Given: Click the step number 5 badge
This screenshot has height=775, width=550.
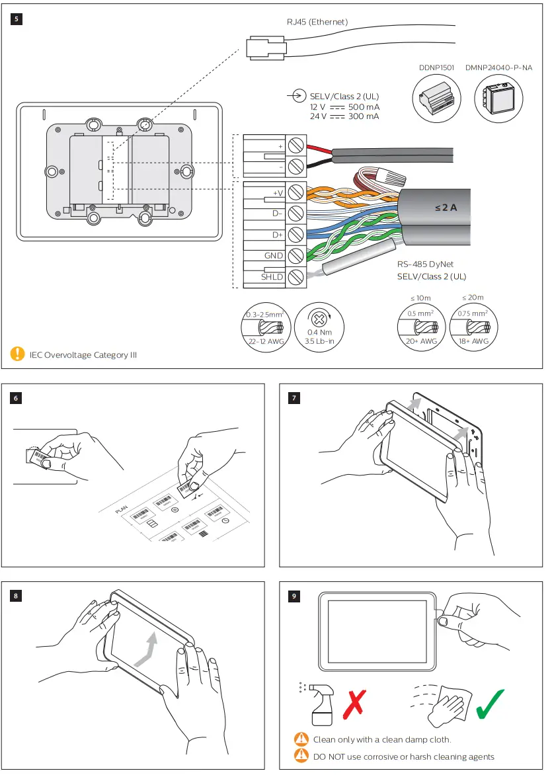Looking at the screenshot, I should (17, 19).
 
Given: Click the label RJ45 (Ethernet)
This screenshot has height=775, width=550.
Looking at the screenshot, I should (317, 22).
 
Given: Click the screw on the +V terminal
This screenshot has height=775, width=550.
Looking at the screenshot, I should (296, 192).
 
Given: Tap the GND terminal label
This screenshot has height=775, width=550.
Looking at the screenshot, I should (273, 256).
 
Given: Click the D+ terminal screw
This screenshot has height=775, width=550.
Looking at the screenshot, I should (296, 235).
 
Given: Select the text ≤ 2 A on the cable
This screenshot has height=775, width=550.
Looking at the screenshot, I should (446, 208).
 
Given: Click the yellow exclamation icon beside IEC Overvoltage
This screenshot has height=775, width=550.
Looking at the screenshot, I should (17, 354).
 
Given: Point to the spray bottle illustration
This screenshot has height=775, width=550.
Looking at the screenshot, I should (318, 704).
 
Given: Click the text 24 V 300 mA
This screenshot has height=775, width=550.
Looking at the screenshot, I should (344, 116).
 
